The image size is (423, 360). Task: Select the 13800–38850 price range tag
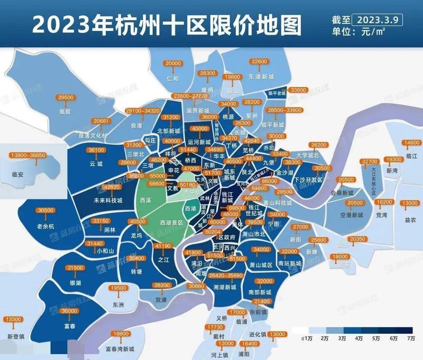pyautogui.click(x=27, y=155)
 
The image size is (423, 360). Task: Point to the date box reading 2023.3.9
pyautogui.click(x=378, y=20)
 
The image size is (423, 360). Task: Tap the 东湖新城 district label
pyautogui.click(x=261, y=77)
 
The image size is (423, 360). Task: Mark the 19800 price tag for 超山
pyautogui.click(x=235, y=77)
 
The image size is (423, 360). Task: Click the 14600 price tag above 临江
pyautogui.click(x=411, y=143)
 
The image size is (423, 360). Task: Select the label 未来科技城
pyautogui.click(x=108, y=200)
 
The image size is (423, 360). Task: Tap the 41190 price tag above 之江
pyautogui.click(x=162, y=246)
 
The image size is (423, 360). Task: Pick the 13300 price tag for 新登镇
pyautogui.click(x=13, y=319)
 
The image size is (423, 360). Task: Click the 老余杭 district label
pyautogui.click(x=46, y=226)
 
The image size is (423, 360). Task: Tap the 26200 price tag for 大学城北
pyautogui.click(x=321, y=145)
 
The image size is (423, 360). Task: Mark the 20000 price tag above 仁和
pyautogui.click(x=173, y=64)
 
